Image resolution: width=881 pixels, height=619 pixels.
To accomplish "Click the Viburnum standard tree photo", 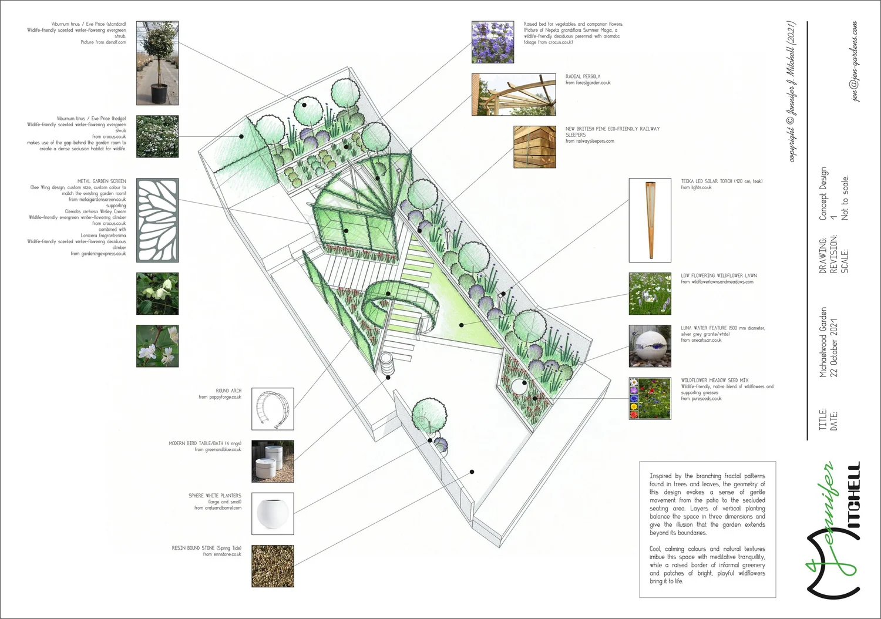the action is click(x=157, y=63).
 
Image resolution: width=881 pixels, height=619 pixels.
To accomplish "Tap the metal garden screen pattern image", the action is click(x=157, y=220).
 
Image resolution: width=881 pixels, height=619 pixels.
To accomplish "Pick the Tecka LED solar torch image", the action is click(x=650, y=220).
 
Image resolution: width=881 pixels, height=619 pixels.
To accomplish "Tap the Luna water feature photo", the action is click(x=650, y=346).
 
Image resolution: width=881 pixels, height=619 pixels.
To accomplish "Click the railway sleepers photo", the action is click(x=534, y=147).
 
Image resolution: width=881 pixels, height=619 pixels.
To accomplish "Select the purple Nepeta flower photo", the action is click(x=492, y=42).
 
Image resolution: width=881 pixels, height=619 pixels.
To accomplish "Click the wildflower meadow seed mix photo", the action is click(x=650, y=398).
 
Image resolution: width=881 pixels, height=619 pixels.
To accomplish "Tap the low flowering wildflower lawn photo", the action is click(x=650, y=294).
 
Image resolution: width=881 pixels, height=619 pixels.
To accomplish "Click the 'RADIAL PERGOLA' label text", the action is click(x=583, y=76).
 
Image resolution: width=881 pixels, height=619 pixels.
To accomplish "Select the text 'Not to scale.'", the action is click(x=845, y=198).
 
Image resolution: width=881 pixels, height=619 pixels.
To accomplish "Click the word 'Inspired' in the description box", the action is click(x=661, y=476).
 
